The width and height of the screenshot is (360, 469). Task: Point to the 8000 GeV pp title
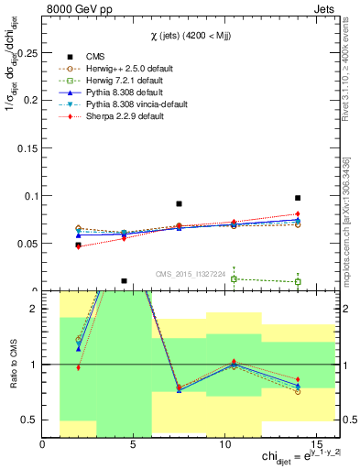point(76,7)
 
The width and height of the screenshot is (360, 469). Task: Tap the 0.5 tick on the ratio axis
point(31,420)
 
